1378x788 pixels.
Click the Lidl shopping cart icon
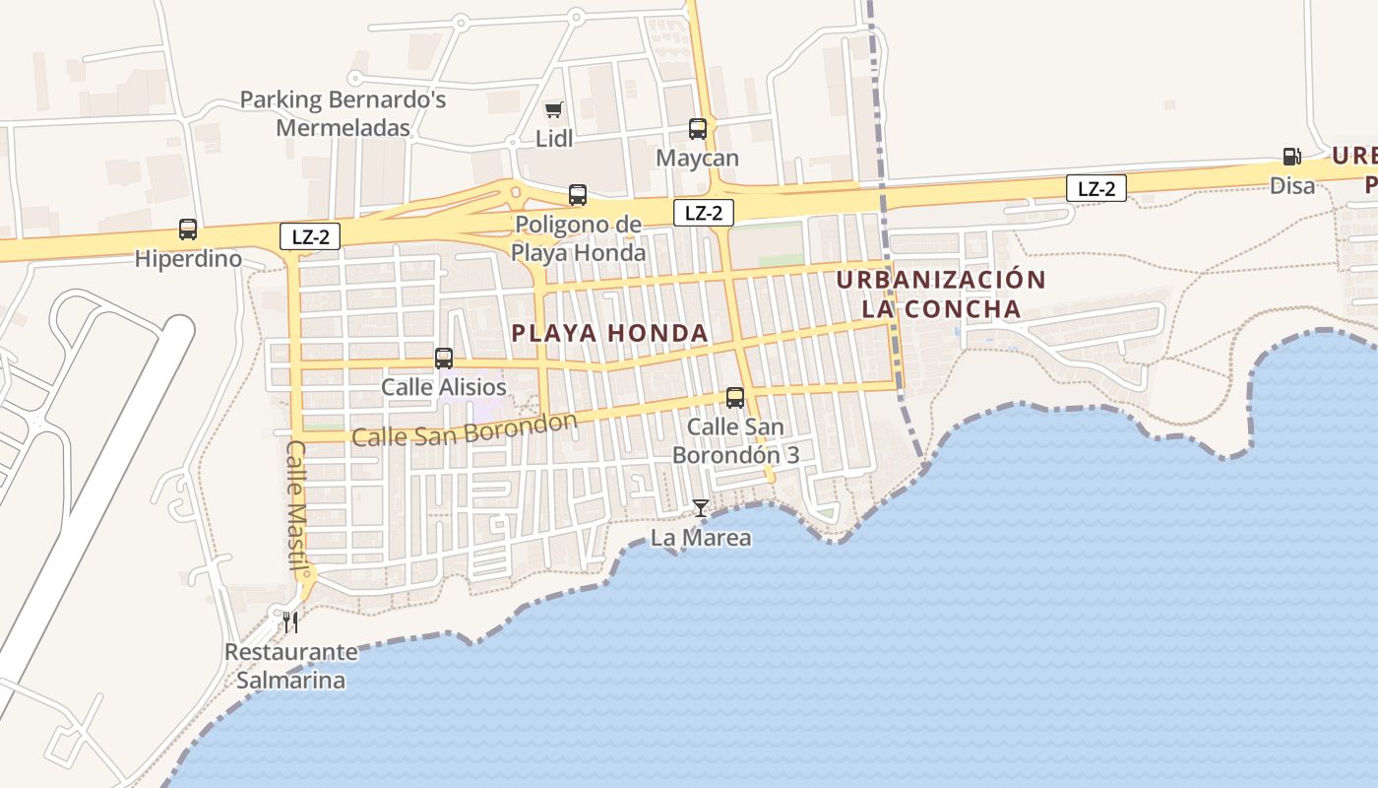(554, 109)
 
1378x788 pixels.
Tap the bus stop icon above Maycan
(698, 128)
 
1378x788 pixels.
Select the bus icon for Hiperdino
(188, 230)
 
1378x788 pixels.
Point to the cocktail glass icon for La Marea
(700, 508)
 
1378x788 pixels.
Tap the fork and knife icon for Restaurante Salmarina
(290, 622)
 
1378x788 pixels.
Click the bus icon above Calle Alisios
(444, 358)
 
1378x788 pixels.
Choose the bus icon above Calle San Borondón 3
(735, 398)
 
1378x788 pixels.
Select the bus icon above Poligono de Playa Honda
(578, 195)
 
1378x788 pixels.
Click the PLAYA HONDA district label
(610, 333)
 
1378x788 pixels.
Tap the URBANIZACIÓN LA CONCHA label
(941, 294)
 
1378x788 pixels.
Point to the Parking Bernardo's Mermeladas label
(343, 113)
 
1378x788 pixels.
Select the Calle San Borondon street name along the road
(464, 430)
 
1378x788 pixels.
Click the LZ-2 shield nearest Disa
(1096, 188)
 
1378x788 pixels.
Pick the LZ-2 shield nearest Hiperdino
(310, 235)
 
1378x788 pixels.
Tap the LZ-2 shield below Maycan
(703, 212)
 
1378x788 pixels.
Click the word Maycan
(698, 159)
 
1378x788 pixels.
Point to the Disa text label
(1292, 185)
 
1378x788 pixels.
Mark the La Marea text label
(701, 538)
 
